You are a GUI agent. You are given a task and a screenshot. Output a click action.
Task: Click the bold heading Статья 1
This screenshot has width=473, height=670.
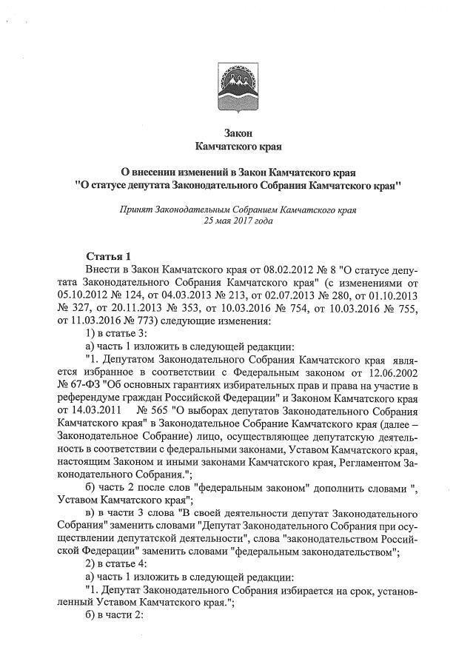[108, 256]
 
